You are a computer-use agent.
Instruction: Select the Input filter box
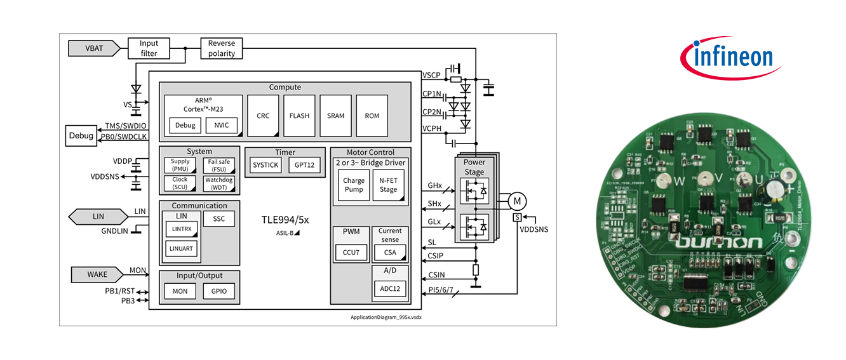click(149, 48)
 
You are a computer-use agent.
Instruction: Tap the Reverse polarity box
click(222, 48)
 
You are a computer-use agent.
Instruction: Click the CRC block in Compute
click(263, 116)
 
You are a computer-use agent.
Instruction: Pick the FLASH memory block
click(299, 116)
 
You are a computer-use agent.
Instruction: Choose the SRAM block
click(335, 116)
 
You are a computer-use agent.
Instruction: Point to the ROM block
click(372, 116)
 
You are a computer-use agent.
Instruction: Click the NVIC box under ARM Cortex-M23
click(221, 125)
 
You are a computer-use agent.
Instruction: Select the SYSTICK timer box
click(265, 165)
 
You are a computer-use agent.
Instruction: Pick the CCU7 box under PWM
click(351, 253)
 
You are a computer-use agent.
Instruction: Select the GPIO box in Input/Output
click(219, 291)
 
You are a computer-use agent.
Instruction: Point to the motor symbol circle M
click(516, 201)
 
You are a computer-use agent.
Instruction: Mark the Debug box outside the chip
click(81, 136)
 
